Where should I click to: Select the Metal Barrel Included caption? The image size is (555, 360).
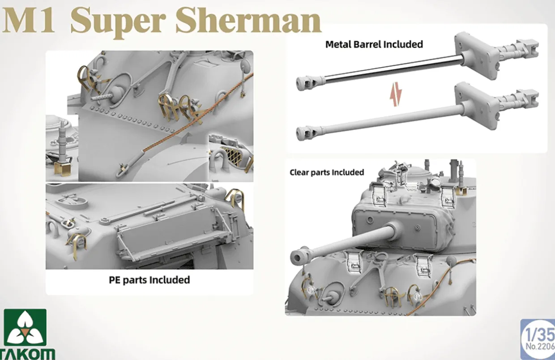(374, 44)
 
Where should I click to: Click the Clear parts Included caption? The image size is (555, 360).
(327, 172)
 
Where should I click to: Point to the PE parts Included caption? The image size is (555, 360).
(149, 280)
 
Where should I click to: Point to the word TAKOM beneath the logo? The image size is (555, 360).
(28, 354)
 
